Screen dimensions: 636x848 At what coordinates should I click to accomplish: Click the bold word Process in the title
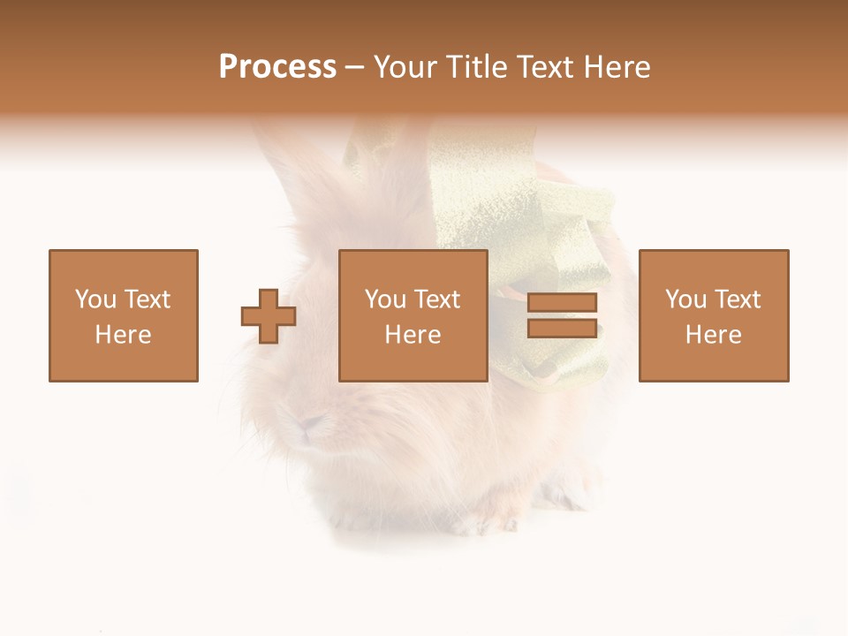click(277, 67)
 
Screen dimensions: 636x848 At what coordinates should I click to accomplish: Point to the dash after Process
click(355, 68)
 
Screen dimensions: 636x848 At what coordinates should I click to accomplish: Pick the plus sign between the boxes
click(269, 316)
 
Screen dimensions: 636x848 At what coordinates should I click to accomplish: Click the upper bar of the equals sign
click(562, 303)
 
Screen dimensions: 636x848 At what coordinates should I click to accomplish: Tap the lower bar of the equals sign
click(562, 329)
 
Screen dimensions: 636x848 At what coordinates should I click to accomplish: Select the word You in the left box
click(95, 299)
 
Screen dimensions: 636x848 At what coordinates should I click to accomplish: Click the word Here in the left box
click(123, 335)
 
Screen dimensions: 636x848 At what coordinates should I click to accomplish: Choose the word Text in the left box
click(147, 299)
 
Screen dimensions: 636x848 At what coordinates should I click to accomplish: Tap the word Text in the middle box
click(436, 299)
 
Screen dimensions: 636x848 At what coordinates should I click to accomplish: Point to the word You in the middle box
click(385, 299)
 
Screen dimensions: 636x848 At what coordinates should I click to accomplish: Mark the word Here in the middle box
click(413, 335)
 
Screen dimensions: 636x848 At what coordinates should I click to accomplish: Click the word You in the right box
click(685, 299)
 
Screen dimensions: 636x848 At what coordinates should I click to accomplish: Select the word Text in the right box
click(737, 299)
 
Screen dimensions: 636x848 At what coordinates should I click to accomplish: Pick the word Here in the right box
click(713, 335)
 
